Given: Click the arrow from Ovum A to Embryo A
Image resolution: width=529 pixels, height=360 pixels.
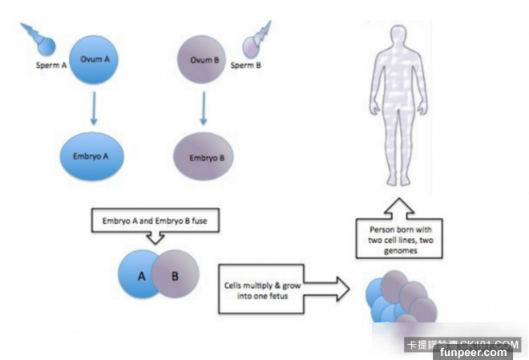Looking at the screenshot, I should click(x=95, y=109).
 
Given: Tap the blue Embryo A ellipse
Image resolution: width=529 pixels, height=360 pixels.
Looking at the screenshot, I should click(x=94, y=153).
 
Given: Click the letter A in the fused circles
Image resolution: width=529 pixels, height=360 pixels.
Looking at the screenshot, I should click(x=141, y=276).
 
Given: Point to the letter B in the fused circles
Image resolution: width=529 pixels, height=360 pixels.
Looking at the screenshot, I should click(x=175, y=276).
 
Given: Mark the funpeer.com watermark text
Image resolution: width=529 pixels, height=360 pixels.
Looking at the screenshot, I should click(x=482, y=352).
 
